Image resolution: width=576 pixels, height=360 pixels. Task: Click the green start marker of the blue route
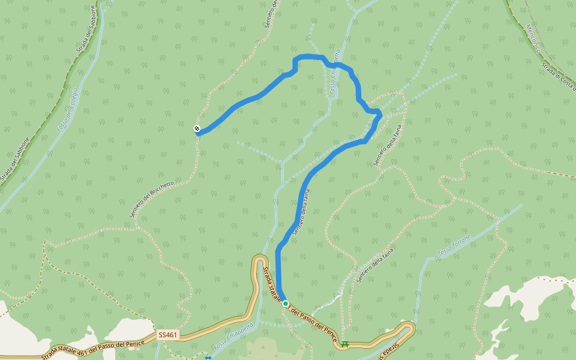pos(286,304)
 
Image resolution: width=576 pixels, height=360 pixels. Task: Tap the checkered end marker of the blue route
pos(197,129)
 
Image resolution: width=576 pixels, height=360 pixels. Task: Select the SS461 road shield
pos(168,334)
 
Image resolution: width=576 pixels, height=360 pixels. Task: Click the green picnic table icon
pos(344,344)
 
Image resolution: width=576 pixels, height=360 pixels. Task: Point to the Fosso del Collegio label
pos(68,110)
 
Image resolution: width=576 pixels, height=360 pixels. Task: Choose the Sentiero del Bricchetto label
pos(152,199)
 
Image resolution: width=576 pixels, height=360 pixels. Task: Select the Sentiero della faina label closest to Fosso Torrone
pos(375,265)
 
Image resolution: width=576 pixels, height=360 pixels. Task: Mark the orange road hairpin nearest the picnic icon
pos(409,328)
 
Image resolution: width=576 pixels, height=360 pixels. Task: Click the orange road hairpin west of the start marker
pos(260,260)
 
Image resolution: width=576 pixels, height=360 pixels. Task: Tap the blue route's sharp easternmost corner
pos(379,113)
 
